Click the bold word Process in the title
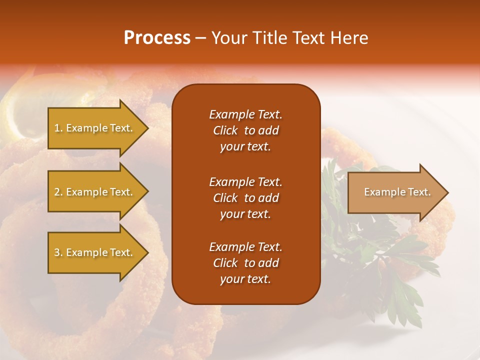[x=157, y=38]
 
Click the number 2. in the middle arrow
[x=58, y=192]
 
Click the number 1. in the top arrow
[x=58, y=128]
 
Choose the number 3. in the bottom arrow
[x=58, y=252]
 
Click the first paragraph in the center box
[x=245, y=130]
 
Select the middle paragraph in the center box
[x=245, y=197]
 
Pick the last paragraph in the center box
[x=245, y=263]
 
